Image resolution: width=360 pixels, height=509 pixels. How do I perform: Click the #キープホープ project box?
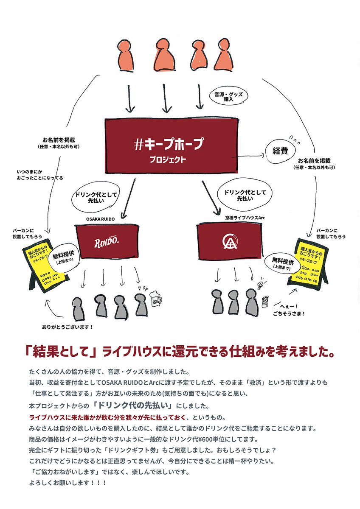pos(171,145)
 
